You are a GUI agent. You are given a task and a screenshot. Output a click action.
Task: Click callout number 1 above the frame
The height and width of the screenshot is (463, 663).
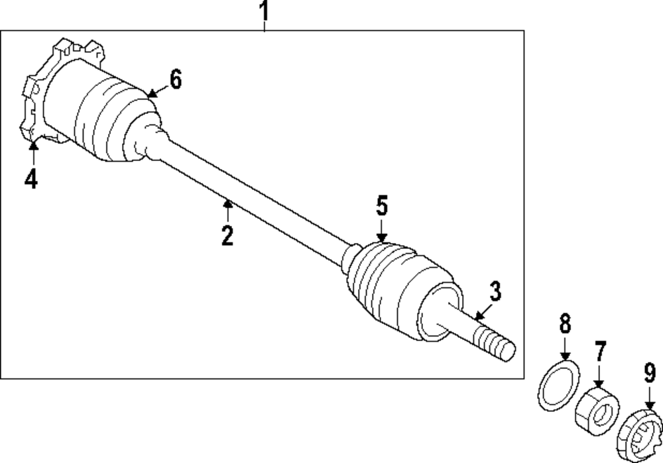click(264, 11)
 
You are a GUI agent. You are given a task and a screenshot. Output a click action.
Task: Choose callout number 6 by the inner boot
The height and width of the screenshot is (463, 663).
click(174, 79)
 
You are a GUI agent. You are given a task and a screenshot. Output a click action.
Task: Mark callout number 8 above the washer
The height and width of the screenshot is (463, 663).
click(564, 325)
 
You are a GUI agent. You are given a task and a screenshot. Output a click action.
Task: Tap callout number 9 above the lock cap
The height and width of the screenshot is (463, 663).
click(649, 373)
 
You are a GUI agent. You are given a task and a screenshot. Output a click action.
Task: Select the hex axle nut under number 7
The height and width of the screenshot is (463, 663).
click(596, 411)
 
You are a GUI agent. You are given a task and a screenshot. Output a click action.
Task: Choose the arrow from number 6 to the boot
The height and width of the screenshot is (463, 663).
click(155, 91)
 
